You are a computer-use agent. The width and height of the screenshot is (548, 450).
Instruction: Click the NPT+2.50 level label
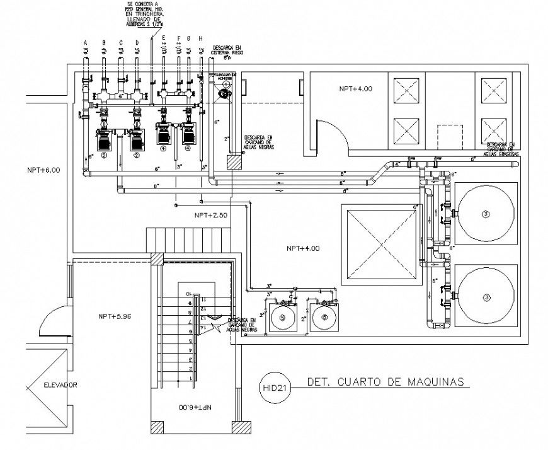coord(211,216)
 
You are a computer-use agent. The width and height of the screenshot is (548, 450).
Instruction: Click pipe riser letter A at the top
coord(85,43)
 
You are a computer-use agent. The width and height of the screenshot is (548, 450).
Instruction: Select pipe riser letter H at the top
coord(200,39)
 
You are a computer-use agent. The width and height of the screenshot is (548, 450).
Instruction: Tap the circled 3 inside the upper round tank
coord(485,214)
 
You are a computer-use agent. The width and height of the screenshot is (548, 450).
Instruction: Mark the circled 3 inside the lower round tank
coord(485,296)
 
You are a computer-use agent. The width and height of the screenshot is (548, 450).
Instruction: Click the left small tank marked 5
coord(282,318)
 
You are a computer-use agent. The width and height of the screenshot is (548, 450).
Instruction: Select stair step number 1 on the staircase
coord(189,377)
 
